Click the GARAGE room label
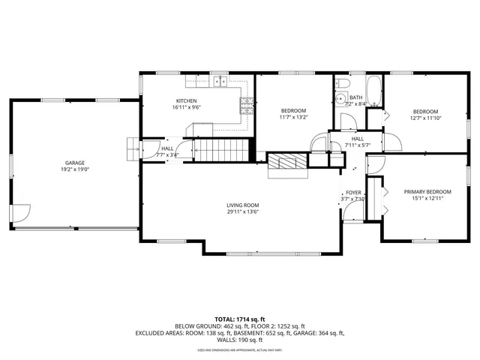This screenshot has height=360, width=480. click(73, 163)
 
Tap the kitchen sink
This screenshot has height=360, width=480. click(218, 82)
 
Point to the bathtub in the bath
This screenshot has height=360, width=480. click(374, 91)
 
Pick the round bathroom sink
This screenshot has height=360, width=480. click(340, 97)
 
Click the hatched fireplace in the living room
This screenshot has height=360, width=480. click(289, 160)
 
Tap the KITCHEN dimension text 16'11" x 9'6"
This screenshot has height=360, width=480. click(186, 107)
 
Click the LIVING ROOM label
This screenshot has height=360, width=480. click(243, 205)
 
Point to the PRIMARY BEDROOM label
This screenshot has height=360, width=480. click(424, 191)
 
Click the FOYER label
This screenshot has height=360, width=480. click(353, 193)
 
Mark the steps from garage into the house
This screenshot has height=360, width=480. click(133, 148)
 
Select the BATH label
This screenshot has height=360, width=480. click(355, 97)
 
